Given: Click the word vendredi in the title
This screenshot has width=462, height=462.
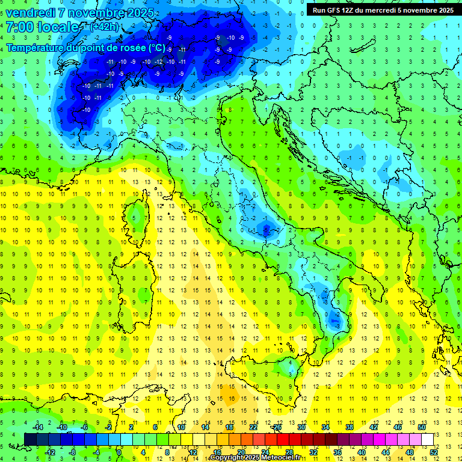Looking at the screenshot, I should (x=30, y=13).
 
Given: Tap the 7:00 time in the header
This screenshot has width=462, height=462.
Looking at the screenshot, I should (x=19, y=28).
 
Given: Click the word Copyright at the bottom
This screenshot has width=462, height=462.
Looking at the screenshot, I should (x=227, y=458).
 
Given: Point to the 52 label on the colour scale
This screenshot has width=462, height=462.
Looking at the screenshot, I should (x=434, y=452).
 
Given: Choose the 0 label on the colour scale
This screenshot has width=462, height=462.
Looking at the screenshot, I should (x=119, y=452).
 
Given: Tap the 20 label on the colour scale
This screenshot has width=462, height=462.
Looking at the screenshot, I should (x=241, y=452).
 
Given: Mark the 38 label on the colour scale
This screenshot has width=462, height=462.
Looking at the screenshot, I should (x=349, y=427).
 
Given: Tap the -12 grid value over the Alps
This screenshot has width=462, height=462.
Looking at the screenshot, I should (x=158, y=62).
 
